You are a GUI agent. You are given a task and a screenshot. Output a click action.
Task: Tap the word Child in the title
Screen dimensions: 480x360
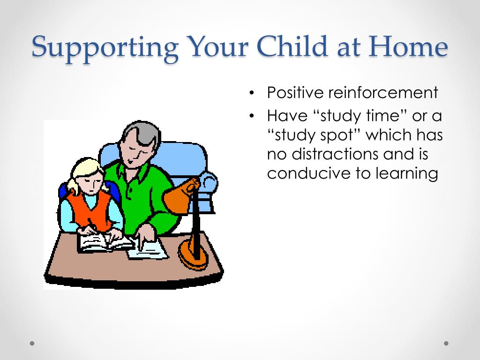click(x=292, y=46)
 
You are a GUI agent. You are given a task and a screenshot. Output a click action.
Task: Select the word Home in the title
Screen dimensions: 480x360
click(x=408, y=46)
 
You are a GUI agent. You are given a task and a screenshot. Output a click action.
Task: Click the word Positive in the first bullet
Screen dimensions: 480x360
click(x=295, y=92)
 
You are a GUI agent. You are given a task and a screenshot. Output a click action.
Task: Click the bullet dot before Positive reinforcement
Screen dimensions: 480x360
click(x=252, y=93)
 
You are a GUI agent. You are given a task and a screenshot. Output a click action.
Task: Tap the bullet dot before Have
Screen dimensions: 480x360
click(x=252, y=116)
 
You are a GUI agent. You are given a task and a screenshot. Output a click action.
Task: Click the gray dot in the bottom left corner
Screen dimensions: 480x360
click(x=32, y=344)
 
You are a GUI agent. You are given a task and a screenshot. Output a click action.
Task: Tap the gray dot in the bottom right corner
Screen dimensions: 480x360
click(x=446, y=344)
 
